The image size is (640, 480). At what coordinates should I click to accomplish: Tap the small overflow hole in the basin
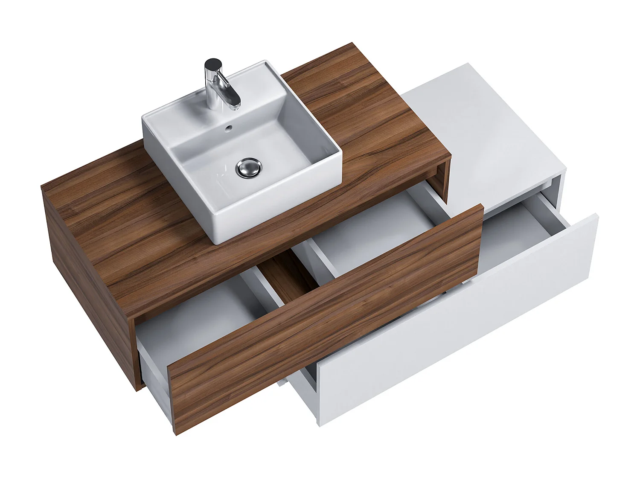(229, 127)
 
